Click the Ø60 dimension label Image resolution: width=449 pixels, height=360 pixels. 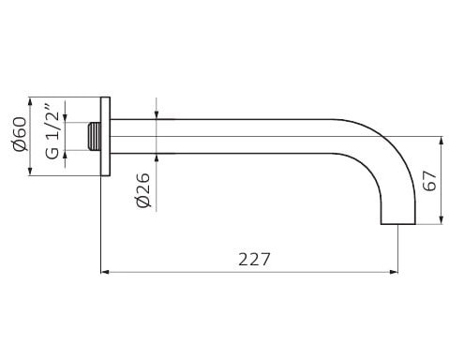(x=20, y=134)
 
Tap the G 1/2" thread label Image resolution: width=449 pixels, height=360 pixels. (x=52, y=131)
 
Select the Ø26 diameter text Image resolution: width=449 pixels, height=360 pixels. (x=143, y=189)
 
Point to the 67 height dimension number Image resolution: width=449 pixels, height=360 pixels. (x=429, y=181)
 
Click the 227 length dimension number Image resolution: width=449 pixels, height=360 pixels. (x=254, y=259)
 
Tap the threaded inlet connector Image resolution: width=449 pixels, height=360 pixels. (x=94, y=137)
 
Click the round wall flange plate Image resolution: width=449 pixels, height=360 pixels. (x=105, y=137)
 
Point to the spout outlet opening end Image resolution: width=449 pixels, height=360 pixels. (x=398, y=224)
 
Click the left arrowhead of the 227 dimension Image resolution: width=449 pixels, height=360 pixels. (x=105, y=272)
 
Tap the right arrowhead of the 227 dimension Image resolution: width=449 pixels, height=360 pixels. (x=394, y=272)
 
